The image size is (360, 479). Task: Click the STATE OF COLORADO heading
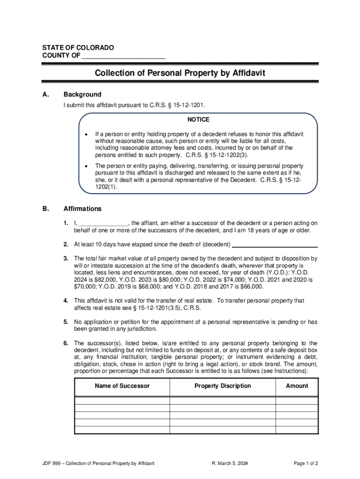[78, 48]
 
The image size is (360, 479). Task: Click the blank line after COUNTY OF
[123, 57]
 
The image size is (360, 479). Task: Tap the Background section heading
[82, 94]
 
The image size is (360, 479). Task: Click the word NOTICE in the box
[198, 120]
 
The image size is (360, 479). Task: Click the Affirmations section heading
[82, 209]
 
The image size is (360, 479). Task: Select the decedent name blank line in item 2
[275, 245]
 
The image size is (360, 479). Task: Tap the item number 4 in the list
[66, 301]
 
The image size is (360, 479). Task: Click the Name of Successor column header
[122, 386]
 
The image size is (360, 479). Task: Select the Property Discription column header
[223, 386]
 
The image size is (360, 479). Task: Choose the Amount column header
[297, 386]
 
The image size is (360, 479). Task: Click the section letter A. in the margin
[45, 94]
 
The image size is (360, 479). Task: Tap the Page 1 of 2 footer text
[306, 464]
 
